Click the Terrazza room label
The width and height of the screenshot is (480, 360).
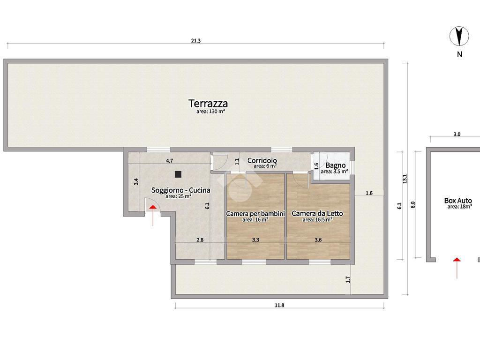click(208, 104)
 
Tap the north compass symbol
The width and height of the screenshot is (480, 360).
click(459, 37)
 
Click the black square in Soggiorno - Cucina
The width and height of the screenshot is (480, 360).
click(178, 174)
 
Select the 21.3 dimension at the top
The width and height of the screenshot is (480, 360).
click(195, 40)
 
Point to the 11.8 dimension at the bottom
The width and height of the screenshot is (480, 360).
click(279, 305)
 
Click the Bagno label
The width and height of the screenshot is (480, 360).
click(336, 165)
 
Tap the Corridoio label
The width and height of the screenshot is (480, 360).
click(262, 160)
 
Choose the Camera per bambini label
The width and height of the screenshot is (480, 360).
click(255, 213)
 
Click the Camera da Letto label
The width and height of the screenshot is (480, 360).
click(317, 213)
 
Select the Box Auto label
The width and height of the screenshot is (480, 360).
click(458, 201)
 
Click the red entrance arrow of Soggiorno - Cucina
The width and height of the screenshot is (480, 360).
click(153, 216)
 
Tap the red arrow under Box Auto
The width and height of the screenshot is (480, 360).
click(457, 268)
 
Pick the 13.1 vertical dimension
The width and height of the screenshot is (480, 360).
click(405, 179)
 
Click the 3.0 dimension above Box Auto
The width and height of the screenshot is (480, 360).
click(457, 134)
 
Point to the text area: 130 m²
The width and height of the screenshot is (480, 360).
click(210, 112)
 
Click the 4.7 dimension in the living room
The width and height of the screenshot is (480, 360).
click(169, 160)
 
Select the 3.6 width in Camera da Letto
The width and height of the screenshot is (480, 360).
click(318, 240)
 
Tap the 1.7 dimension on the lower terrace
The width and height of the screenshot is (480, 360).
click(347, 279)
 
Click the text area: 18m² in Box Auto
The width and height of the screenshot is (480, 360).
click(459, 207)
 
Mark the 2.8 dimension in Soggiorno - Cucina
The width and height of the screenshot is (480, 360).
click(200, 240)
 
